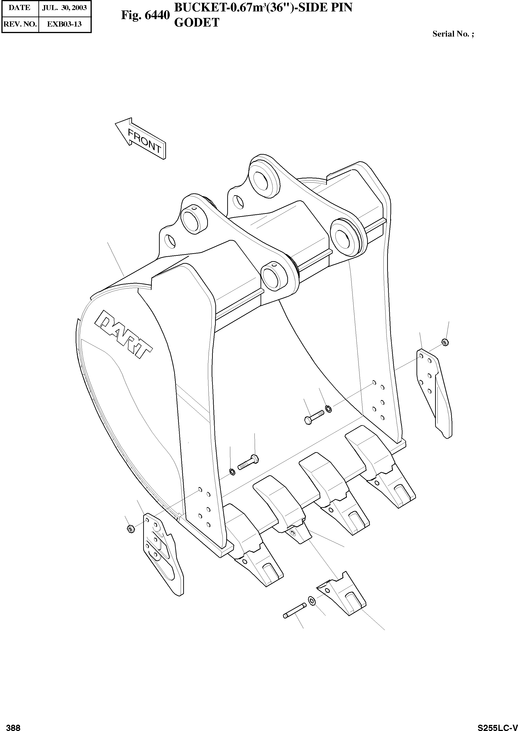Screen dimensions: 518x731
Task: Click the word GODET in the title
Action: coord(197,22)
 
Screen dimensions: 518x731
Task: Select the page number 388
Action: coord(14,725)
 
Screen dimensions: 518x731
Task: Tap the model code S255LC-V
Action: coord(497,725)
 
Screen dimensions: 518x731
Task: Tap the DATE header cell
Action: coord(20,8)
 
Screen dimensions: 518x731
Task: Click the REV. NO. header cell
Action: coord(20,24)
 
